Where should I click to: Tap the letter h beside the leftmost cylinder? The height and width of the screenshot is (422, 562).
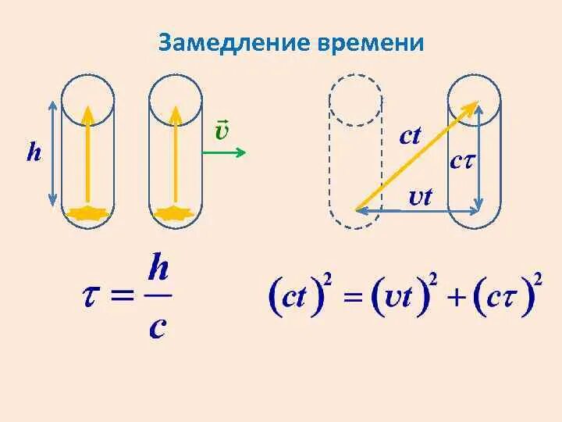tap(34, 152)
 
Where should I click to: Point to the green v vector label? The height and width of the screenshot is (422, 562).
tap(222, 130)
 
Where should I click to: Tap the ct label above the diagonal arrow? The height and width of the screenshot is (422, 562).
tap(410, 136)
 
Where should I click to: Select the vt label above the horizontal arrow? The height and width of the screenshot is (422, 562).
tap(420, 196)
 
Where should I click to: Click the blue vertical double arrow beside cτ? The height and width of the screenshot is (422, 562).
tap(478, 156)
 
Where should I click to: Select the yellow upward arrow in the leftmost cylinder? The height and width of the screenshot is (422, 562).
tap(87, 156)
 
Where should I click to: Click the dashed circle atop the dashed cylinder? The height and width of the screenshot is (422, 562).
tap(356, 100)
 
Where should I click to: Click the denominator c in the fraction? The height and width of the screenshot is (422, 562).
tap(157, 326)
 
